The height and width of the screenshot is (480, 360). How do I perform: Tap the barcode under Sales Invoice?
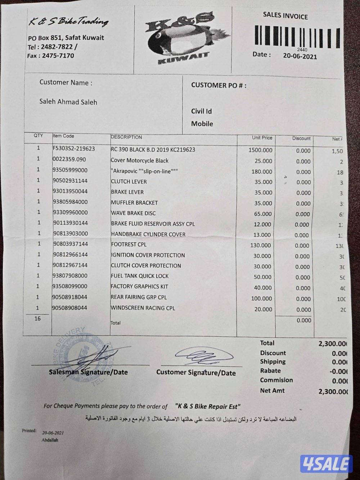point(297,36)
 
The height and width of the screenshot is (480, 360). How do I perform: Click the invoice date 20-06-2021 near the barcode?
point(300,56)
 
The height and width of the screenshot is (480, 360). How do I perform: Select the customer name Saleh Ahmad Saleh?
point(68,102)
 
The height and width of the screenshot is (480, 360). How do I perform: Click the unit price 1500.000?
point(260,150)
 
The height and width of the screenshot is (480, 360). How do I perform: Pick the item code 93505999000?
point(70,170)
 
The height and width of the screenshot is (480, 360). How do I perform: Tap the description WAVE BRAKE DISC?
point(133,213)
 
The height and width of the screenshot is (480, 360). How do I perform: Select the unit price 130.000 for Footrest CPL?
point(261,246)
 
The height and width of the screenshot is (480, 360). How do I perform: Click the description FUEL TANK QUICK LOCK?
point(140,276)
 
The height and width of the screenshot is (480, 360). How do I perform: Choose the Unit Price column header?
point(262,138)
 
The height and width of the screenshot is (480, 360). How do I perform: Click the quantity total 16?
point(37,319)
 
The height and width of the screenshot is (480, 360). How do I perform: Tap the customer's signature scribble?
point(203,356)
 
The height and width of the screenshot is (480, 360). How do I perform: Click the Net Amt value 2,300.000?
point(333,391)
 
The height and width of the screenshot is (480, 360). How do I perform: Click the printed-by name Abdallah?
point(50,440)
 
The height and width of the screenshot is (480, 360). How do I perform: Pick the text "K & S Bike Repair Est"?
point(208,406)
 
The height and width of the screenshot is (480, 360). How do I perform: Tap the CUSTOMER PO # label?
point(219,85)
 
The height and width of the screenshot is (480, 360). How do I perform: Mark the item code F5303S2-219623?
point(73,148)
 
